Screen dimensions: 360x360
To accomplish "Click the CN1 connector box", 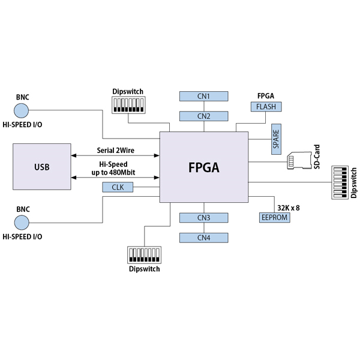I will [204, 96].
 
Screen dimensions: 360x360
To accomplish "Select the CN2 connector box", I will [204, 116].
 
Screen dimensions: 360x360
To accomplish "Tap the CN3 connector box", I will [204, 217].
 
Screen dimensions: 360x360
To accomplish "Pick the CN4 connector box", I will [204, 237].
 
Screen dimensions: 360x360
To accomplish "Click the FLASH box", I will [266, 107].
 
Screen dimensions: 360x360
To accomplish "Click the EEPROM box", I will [275, 217].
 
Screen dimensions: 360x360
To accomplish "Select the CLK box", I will [118, 187].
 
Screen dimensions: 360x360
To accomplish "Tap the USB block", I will [42, 166].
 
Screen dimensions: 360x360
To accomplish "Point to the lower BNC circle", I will [22, 223].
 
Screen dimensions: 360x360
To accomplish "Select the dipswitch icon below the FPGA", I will [144, 254].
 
